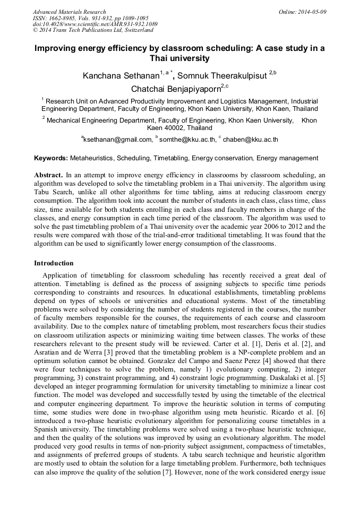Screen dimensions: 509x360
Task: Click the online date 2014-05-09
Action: tap(312, 12)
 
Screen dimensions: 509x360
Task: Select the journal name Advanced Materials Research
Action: tap(69, 12)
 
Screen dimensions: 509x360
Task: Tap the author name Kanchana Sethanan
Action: tap(121, 76)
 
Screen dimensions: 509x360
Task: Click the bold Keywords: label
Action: tap(51, 158)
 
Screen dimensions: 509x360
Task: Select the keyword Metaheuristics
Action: tap(91, 158)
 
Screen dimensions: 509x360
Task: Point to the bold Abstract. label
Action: tap(49, 175)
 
